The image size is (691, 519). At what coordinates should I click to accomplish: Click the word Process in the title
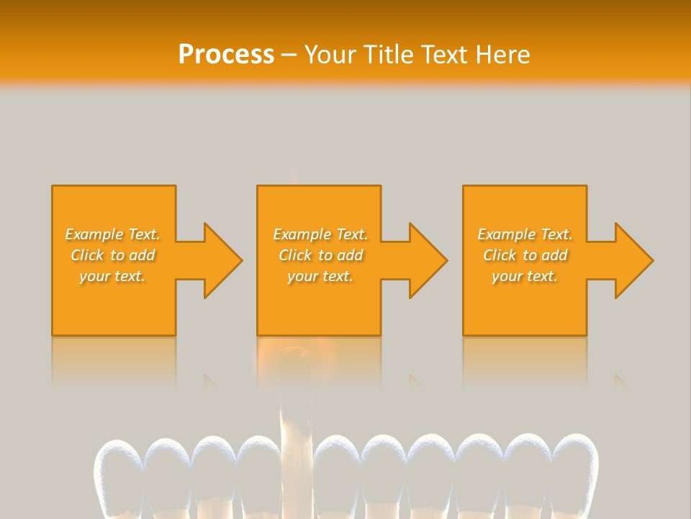[x=226, y=55]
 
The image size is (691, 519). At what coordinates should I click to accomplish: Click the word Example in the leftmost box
[x=94, y=234]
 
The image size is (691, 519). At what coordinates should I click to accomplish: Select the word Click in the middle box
[x=294, y=255]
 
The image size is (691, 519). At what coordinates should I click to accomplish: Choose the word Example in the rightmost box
[x=507, y=234]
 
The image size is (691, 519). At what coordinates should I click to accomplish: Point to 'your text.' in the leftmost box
[x=112, y=276]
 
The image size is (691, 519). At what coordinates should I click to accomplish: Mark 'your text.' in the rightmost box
[x=525, y=276]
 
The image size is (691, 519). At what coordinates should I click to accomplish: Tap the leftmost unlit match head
[x=118, y=469]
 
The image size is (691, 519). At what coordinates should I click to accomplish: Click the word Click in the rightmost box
[x=499, y=255]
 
